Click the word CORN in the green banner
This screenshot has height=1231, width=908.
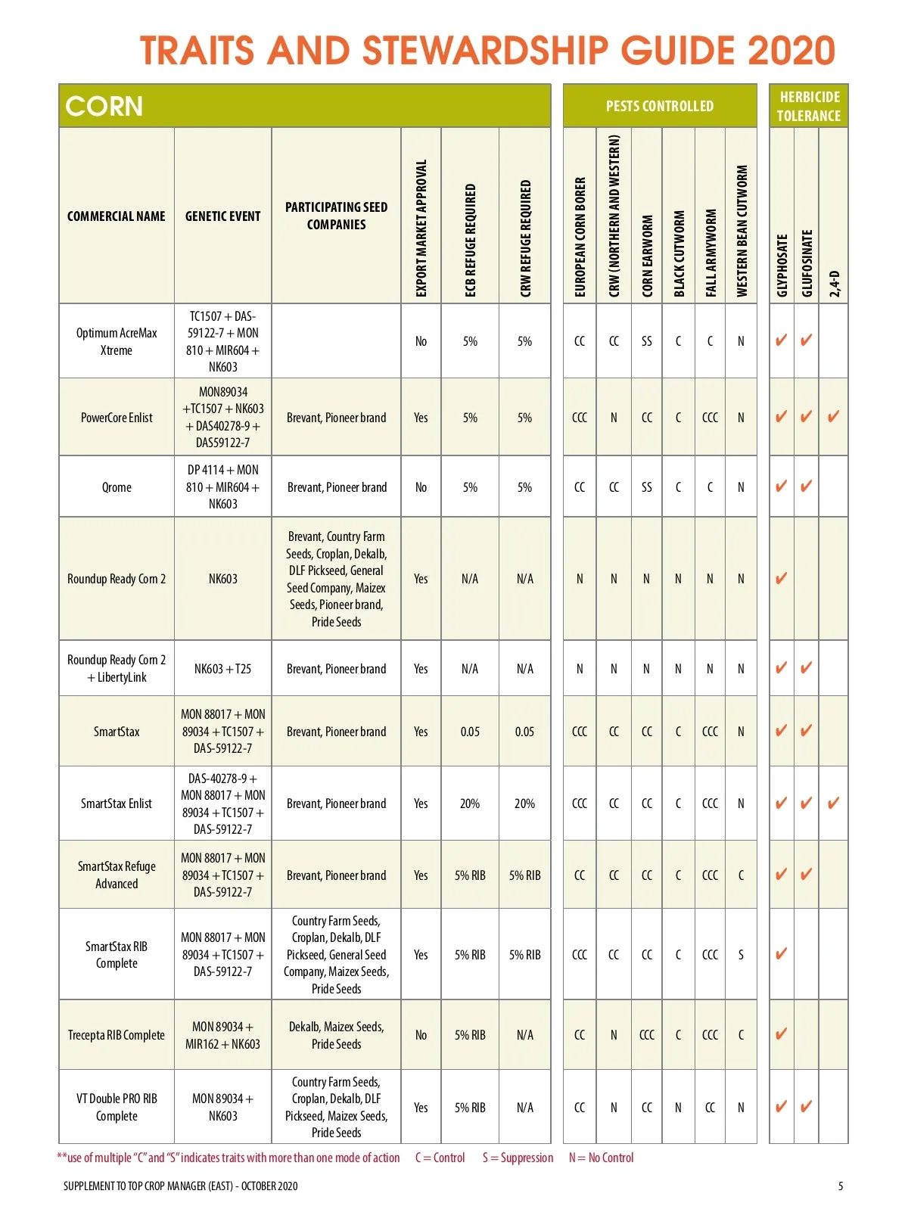coord(104,106)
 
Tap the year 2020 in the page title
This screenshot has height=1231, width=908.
coord(791,51)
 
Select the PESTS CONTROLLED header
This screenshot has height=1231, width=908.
coord(659,106)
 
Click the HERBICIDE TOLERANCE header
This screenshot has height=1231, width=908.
coord(808,106)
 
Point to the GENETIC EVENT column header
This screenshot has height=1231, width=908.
coord(222,216)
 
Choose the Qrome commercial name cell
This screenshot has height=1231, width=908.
coord(117,487)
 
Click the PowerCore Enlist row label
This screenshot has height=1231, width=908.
coord(117,418)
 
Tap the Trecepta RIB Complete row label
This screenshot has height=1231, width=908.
coord(117,1035)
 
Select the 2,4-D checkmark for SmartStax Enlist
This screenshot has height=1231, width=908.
coord(833,803)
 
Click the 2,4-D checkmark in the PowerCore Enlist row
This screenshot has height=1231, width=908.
coord(833,416)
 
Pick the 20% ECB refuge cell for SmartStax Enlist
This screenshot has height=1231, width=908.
coord(470,804)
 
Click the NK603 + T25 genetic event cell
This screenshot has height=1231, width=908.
coord(222,669)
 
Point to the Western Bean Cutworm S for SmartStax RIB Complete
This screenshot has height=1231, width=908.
coord(741,955)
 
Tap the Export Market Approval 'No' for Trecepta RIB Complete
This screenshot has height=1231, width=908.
coord(421,1035)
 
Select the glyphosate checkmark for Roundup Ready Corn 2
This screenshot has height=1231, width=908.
coord(781,578)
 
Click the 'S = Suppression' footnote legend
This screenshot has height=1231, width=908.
coord(518,1158)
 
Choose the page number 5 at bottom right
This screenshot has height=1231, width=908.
coord(840,1186)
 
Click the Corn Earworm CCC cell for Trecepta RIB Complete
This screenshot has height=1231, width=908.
coord(646,1035)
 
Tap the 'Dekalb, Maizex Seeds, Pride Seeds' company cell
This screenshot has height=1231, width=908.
coord(336,1035)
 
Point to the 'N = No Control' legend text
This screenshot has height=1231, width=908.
coord(601,1158)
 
